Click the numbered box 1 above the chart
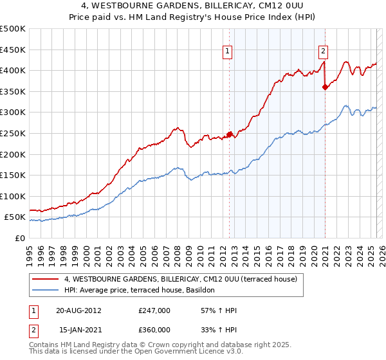point(228,53)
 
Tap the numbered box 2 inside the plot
point(323,53)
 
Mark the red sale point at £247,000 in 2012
point(230,134)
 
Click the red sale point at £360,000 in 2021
point(325,87)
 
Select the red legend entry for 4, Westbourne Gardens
point(180,280)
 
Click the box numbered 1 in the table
point(33,310)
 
